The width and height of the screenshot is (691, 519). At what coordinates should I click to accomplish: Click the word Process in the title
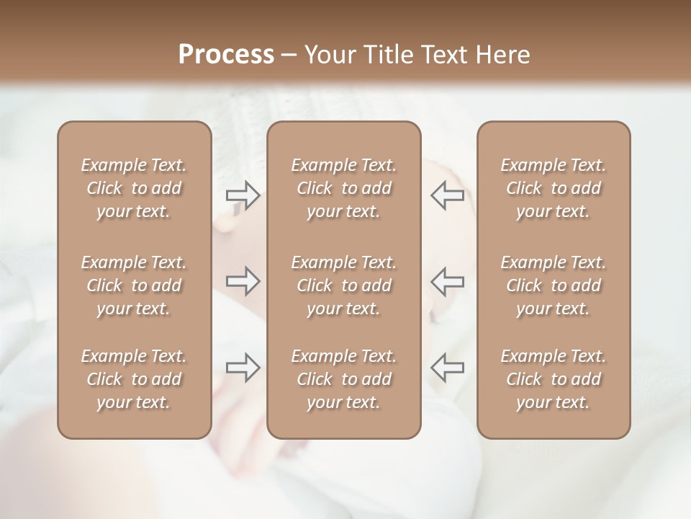coord(226,55)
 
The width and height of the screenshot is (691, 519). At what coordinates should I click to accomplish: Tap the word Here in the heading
coord(502,55)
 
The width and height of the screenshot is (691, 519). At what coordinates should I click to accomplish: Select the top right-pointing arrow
coord(243,195)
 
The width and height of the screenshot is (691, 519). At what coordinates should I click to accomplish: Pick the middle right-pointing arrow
coord(243,281)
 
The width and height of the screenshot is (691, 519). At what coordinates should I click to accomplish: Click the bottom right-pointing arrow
coord(243,368)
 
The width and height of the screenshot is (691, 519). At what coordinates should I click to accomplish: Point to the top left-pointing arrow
coord(447,195)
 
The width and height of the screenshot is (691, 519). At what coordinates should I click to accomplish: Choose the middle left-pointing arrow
coord(447,281)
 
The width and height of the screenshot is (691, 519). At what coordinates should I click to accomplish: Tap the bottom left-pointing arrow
coord(447,368)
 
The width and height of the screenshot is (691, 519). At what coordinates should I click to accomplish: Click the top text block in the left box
coord(134,188)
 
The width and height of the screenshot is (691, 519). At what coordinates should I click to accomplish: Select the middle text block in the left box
coord(134,285)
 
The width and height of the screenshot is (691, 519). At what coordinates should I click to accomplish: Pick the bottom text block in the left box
coord(134,379)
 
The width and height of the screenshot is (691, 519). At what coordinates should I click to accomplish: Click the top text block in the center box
coord(343,188)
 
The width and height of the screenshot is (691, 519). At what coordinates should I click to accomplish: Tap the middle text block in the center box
coord(343,285)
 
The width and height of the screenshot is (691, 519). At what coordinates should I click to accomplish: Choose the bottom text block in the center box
coord(343,379)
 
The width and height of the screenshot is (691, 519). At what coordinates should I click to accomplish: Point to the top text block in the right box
coord(553,188)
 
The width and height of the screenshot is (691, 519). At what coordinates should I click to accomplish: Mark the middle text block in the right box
coord(553,285)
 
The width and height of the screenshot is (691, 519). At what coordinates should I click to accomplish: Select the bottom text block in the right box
coord(553,379)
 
